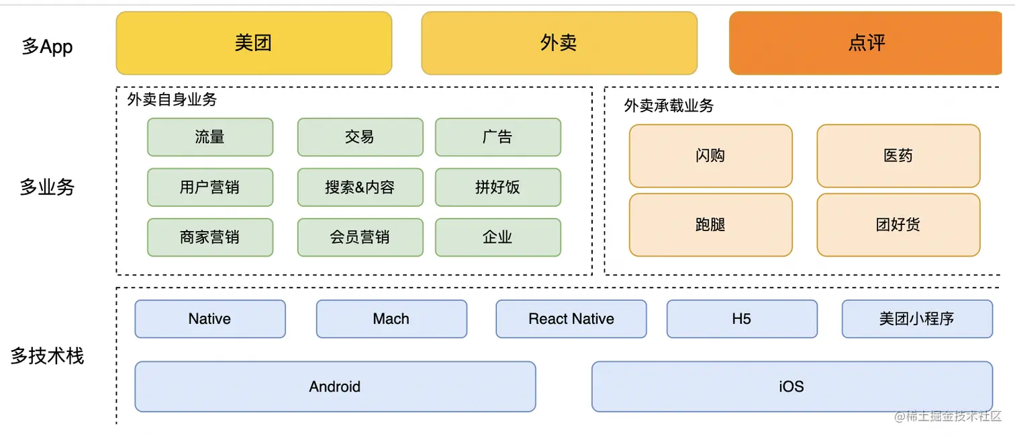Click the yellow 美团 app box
coord(254,43)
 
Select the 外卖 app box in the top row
coord(559,43)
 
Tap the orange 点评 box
coord(866,43)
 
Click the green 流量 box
coord(210,137)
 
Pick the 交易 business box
coord(360,137)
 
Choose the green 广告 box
coord(497,137)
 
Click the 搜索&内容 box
coord(360,187)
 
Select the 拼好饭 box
coord(497,187)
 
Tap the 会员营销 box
coord(360,237)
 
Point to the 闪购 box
coord(710,156)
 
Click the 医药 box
coord(898,156)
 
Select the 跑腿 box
coord(710,224)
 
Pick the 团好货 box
coord(898,224)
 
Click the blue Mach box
coord(391,319)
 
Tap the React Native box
coord(571,319)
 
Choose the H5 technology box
coord(742,319)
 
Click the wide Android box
coord(335,386)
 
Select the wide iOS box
coord(791,386)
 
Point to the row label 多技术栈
coord(47,356)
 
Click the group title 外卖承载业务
coord(669,105)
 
